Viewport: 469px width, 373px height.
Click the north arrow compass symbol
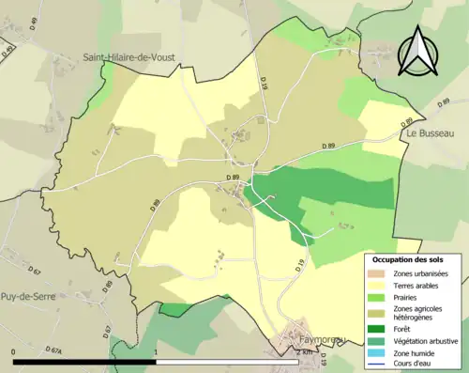[x=419, y=51]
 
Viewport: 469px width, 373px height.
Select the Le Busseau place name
[x=431, y=133]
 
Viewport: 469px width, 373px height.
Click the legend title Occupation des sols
[x=414, y=258]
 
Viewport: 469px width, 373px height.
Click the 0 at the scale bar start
[x=15, y=351]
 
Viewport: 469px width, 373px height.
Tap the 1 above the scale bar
[x=156, y=351]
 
